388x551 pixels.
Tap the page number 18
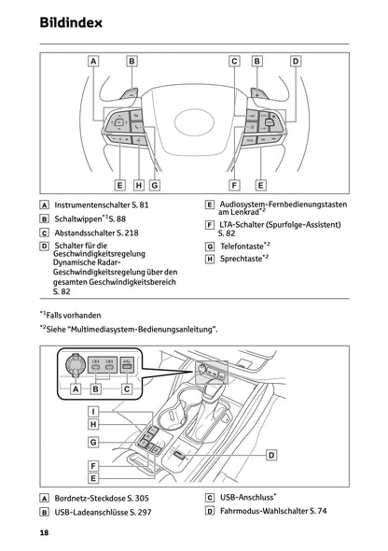point(44,532)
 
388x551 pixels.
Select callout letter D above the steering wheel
point(295,62)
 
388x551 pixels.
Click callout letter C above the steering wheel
point(234,62)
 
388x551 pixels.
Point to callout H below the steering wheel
point(138,185)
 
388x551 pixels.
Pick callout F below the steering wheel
point(234,185)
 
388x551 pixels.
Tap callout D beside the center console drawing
point(271,454)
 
